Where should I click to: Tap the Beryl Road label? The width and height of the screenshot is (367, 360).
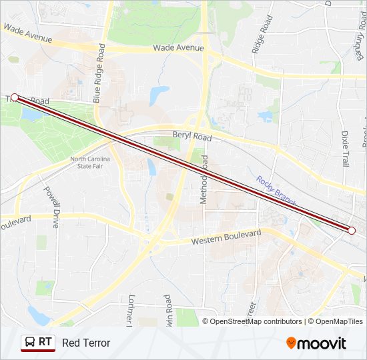192,136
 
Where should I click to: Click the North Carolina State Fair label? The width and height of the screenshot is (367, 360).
91,163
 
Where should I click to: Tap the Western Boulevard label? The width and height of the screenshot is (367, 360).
226,238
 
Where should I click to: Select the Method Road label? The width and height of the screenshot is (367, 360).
205,179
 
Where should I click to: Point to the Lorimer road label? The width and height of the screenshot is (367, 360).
131,310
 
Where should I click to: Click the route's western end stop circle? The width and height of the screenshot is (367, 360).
15,97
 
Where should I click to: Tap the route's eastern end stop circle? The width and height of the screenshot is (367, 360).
352,231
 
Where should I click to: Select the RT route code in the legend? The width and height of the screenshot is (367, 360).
45,342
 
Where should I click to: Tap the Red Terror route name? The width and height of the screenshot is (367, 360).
86,343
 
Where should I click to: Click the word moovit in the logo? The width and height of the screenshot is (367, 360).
322,344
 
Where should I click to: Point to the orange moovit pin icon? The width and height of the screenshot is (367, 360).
292,343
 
